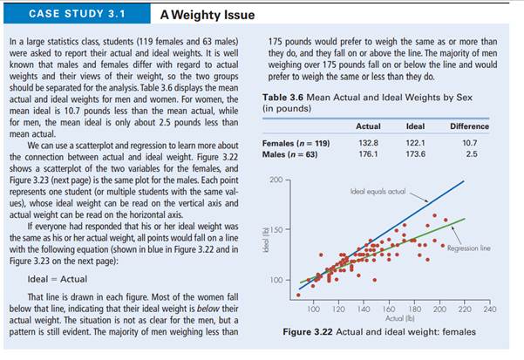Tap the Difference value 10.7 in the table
pos(469,142)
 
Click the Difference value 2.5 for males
pos(469,154)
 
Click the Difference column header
pos(469,126)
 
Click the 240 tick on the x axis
pos(488,309)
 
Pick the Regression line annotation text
pos(470,248)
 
